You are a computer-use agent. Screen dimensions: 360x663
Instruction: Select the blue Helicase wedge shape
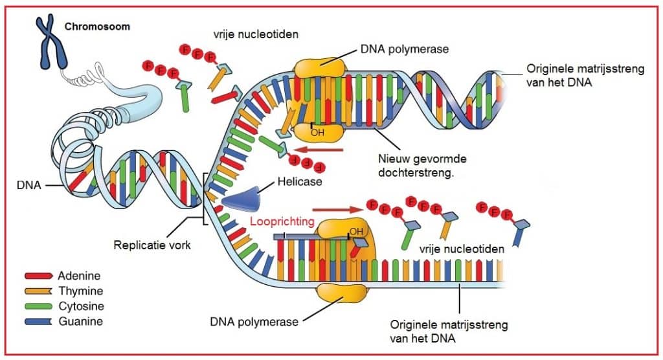click(243, 197)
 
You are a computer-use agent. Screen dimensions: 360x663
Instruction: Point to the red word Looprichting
click(282, 221)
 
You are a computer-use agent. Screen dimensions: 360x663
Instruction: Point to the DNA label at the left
click(29, 185)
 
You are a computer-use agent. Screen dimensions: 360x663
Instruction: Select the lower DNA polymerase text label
click(255, 321)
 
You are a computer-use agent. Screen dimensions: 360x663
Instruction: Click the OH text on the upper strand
click(317, 132)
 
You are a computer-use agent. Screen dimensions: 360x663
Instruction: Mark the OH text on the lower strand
click(357, 231)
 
